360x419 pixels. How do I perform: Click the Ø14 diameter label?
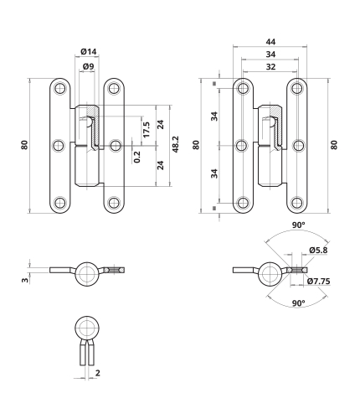coord(89,52)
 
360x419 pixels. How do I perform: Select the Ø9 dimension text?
coord(89,66)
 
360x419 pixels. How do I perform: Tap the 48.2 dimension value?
coord(175,144)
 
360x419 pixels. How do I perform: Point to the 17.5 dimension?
coord(146,129)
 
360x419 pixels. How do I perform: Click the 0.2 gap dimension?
coord(137,157)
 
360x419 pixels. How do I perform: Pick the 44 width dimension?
coord(270,42)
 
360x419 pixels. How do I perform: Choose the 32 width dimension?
coord(270,67)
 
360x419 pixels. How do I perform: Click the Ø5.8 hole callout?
coord(318,250)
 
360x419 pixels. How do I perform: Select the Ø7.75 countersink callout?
coord(319,282)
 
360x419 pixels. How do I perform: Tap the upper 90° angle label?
coord(298,225)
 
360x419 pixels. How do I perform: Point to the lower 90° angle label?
coord(298,303)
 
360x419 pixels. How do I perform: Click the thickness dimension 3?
coord(25,280)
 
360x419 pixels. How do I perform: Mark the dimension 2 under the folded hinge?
coord(97,373)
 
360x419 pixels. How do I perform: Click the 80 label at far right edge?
coord(334,145)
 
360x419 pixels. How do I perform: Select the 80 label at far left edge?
coord(24,145)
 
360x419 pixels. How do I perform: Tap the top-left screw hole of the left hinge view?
coord(59,89)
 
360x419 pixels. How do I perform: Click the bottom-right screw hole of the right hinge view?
coord(297,203)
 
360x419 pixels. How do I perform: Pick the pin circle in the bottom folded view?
coord(87,328)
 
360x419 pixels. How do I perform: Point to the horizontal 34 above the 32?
coord(270,54)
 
